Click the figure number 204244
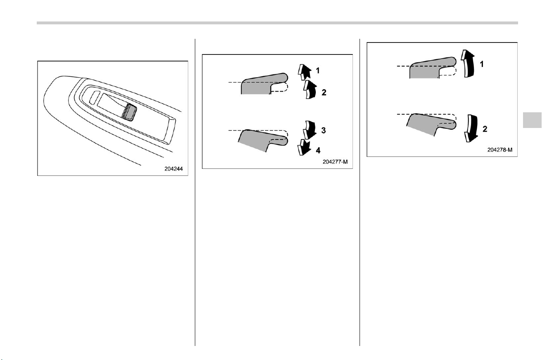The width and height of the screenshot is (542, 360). tap(173, 168)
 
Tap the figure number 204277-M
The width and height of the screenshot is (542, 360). tap(335, 161)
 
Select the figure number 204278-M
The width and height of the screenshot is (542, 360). tap(499, 150)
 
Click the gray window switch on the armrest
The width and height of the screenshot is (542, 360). tap(130, 112)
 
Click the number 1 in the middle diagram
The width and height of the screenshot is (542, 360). tap(318, 71)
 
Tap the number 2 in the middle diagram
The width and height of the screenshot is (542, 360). tap(324, 92)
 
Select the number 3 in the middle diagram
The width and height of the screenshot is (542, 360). tap(324, 130)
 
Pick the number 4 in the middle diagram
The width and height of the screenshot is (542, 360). tap(318, 151)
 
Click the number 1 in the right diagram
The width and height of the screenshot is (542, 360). tap(482, 64)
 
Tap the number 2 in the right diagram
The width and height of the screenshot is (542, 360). tap(485, 129)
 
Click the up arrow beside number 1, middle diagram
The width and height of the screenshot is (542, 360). tap(304, 72)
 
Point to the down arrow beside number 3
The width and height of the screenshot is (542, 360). tap(310, 130)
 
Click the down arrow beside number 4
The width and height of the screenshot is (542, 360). tap(304, 147)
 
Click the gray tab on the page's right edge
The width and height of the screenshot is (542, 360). tap(533, 120)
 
